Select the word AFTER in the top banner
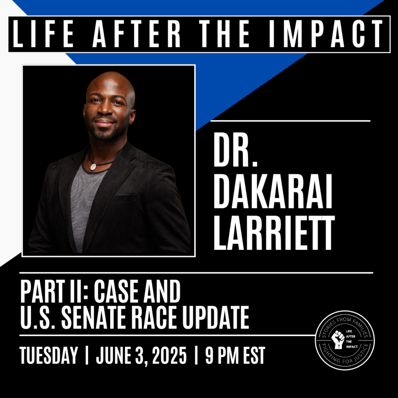pyautogui.click(x=137, y=34)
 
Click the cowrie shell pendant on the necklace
pyautogui.click(x=94, y=167)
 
